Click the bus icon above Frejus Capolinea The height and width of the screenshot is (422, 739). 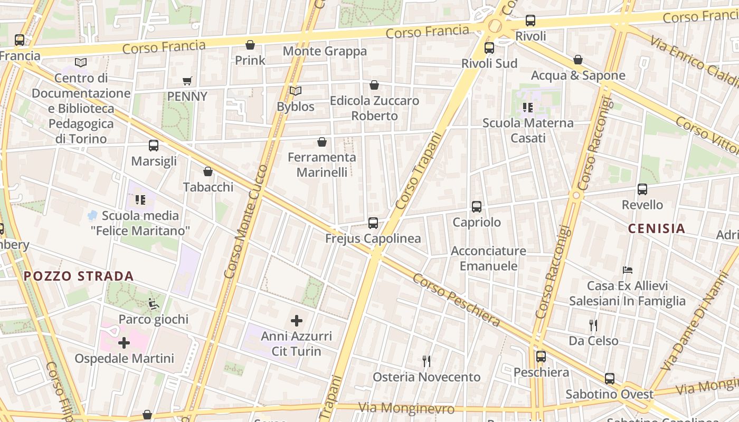[373, 223]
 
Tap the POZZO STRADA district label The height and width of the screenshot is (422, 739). [79, 276]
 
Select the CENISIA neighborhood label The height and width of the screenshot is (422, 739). [657, 228]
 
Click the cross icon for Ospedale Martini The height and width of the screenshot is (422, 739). [124, 343]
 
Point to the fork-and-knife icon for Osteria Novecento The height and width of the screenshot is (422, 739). [427, 361]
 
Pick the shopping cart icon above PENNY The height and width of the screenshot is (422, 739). [187, 81]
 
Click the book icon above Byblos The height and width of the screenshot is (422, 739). [296, 91]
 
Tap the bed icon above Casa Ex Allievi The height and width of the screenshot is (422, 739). [627, 270]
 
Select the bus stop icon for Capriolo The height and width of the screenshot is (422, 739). [477, 207]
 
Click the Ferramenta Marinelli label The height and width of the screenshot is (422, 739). [322, 165]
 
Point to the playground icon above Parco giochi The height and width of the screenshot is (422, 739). [153, 304]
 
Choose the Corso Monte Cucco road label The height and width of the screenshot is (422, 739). [246, 222]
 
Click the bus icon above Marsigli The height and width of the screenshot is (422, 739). [154, 146]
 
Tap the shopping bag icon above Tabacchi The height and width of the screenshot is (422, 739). [208, 172]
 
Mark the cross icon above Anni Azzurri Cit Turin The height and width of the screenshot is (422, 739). [297, 320]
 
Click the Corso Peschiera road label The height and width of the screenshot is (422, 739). [456, 300]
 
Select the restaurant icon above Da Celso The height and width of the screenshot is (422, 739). [593, 325]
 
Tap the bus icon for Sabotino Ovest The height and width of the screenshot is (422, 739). [610, 379]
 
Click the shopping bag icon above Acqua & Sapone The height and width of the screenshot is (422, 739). [578, 60]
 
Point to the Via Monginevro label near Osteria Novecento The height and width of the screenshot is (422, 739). [406, 408]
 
